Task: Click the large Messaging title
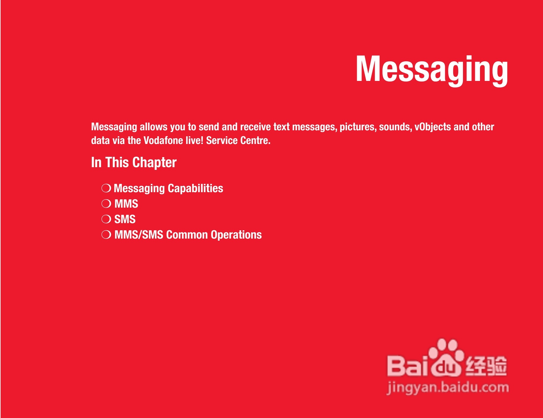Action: click(x=432, y=70)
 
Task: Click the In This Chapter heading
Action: click(x=134, y=162)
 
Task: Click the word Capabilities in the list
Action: click(x=195, y=188)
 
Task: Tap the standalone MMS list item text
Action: click(x=126, y=204)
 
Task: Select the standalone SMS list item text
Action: click(x=125, y=219)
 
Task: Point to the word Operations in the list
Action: click(x=236, y=235)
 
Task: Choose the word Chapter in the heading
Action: click(x=154, y=163)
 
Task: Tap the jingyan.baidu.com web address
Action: click(x=448, y=388)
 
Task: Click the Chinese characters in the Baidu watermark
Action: click(x=486, y=366)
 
